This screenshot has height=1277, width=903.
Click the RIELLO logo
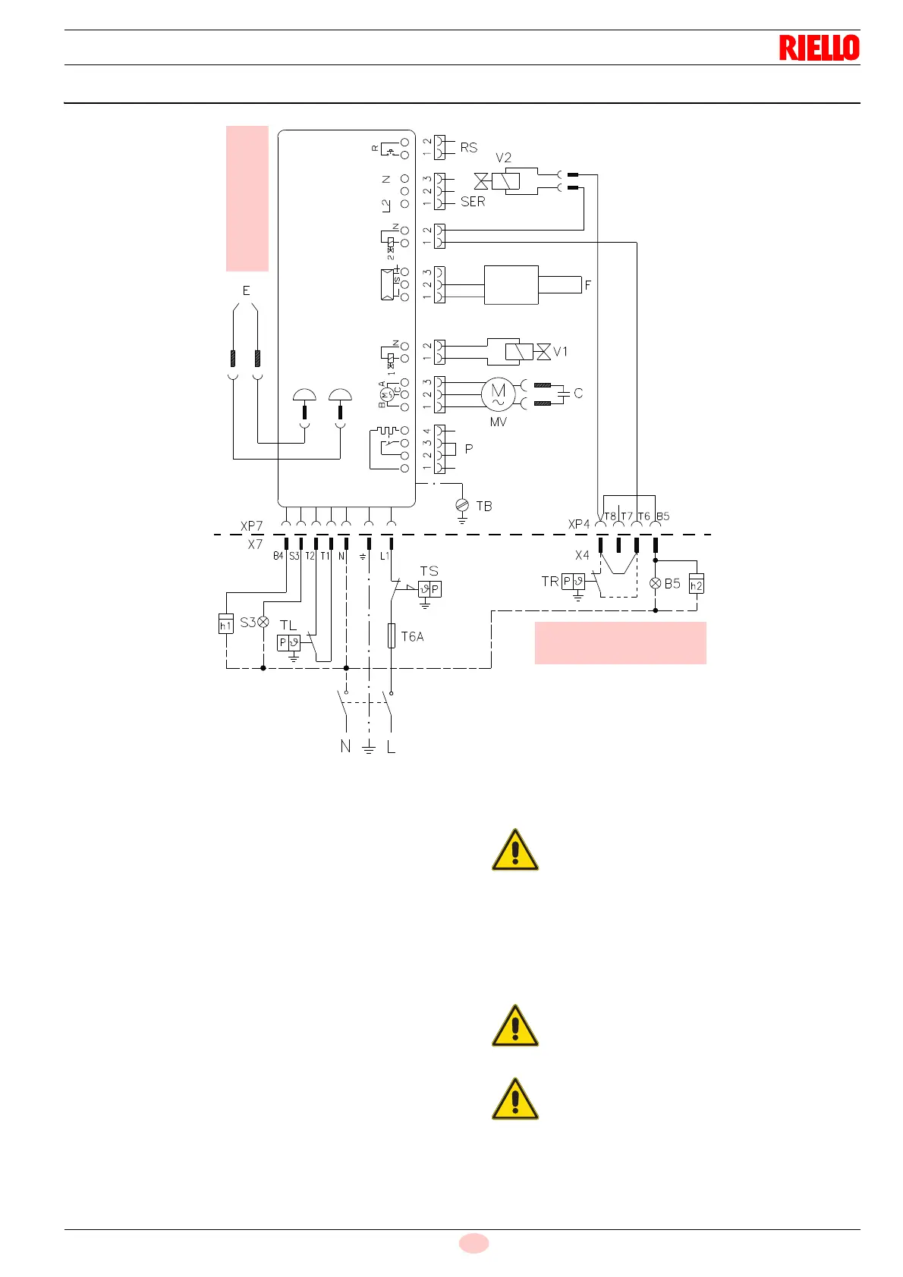tap(819, 48)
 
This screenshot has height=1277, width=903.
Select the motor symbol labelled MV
tap(498, 394)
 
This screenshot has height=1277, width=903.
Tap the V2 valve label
tap(503, 158)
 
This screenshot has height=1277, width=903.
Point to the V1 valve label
tap(560, 352)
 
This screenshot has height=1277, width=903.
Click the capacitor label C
tap(578, 393)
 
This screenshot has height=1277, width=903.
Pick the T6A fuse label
tap(412, 637)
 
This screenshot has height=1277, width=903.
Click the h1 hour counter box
tap(225, 625)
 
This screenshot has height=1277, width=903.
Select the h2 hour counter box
tap(696, 585)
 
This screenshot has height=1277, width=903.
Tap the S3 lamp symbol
tap(263, 622)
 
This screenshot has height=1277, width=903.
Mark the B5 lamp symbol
tap(656, 584)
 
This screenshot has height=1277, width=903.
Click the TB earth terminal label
tap(483, 506)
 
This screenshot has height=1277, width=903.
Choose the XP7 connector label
tap(251, 526)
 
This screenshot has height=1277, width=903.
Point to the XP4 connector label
tap(578, 524)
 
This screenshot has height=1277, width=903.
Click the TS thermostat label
tap(429, 571)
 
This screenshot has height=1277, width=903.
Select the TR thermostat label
tap(549, 582)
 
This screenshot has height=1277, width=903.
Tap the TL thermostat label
tap(288, 626)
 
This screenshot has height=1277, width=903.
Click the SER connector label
tap(473, 202)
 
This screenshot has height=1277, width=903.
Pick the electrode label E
tap(246, 290)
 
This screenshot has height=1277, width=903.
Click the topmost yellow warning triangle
tap(515, 850)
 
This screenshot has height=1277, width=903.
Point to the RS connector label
tap(469, 148)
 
